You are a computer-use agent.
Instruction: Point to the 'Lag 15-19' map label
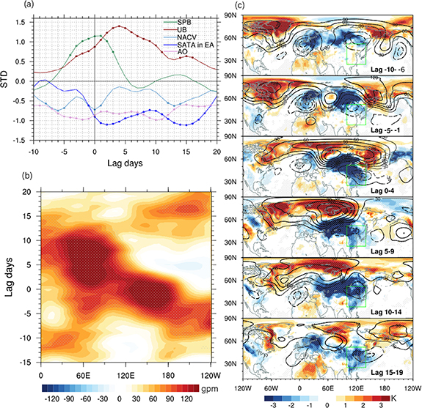coord(389,374)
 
